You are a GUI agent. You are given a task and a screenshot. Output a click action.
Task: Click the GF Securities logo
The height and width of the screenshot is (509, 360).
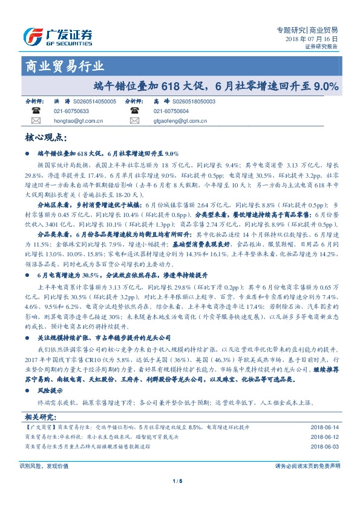click(x=57, y=37)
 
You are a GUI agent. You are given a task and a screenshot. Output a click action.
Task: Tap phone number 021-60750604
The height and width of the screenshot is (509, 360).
click(x=171, y=111)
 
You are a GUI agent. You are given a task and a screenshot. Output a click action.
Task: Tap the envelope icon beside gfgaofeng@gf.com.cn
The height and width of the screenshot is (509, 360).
click(x=135, y=121)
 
